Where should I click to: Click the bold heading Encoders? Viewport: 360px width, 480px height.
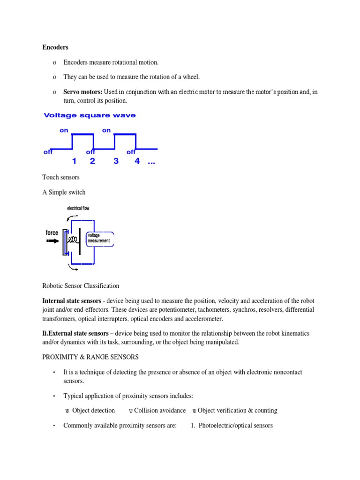point(55,47)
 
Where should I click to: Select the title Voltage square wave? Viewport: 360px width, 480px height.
point(90,115)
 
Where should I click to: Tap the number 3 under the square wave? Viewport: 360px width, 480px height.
point(116,161)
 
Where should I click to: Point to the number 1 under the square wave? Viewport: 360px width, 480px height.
point(74,161)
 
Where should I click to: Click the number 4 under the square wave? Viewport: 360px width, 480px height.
point(137,161)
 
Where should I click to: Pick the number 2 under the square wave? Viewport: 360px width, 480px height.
point(92,161)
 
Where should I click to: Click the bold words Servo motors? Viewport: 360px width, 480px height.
point(82,92)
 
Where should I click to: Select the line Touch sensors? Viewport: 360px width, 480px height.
point(61,177)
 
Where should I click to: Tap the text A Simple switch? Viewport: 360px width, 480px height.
point(64,192)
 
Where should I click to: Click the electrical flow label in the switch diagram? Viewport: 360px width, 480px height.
point(78,208)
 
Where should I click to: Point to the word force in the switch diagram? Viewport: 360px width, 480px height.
point(52,232)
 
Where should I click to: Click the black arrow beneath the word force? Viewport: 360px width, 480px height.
point(52,241)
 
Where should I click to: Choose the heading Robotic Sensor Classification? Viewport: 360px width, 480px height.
point(81,285)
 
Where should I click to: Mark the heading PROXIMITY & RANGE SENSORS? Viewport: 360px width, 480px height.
point(90,357)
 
